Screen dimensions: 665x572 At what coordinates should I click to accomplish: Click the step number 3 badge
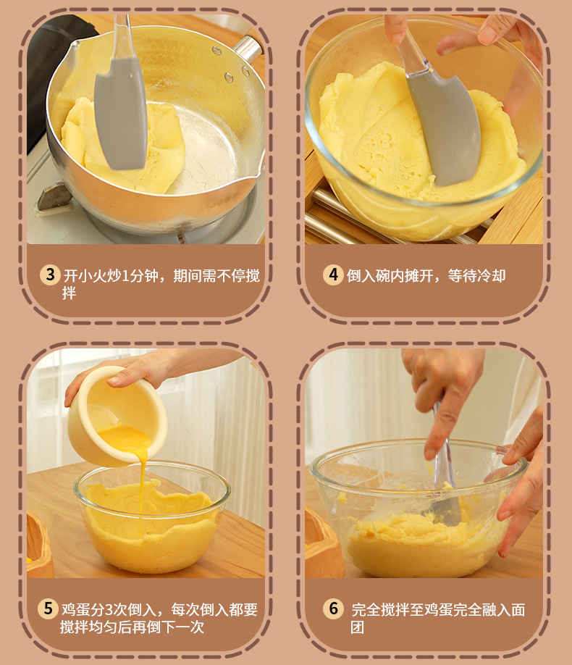50,275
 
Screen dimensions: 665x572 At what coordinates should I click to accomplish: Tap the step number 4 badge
333,275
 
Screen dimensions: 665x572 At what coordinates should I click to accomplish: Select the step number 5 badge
49,608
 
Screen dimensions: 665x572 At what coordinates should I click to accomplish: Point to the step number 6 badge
333,608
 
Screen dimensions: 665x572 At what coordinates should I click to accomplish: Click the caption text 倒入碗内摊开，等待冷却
426,275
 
